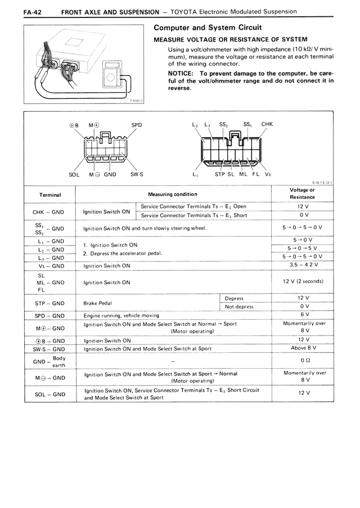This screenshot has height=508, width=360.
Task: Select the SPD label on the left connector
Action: [x=136, y=125]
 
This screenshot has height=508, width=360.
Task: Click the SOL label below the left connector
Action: [x=74, y=174]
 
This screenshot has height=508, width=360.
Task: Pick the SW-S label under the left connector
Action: [x=137, y=174]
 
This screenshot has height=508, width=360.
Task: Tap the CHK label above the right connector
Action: [x=267, y=124]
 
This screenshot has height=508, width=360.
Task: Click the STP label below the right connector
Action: [x=220, y=174]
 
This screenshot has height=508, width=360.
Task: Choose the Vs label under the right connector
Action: [x=268, y=174]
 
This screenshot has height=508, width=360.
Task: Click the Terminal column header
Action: [x=50, y=194]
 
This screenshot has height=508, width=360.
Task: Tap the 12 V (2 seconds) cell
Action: [x=303, y=282]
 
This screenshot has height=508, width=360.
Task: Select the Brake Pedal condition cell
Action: [x=98, y=303]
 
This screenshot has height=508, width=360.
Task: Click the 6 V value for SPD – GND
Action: [x=303, y=315]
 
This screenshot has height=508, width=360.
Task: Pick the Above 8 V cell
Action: [x=303, y=348]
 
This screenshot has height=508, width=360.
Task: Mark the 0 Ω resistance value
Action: [x=303, y=360]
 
